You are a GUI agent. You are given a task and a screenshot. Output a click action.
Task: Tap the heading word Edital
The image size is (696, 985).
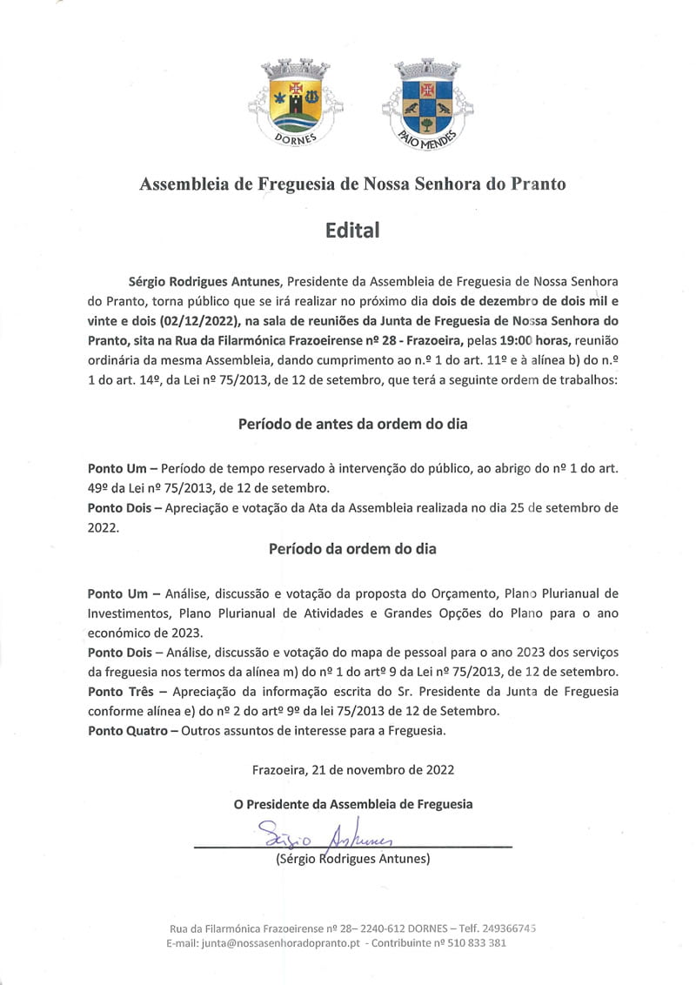click(352, 231)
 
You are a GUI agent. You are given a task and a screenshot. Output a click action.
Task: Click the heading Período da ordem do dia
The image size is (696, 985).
click(352, 549)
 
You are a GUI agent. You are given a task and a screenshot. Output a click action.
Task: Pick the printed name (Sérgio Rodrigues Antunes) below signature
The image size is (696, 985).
click(352, 859)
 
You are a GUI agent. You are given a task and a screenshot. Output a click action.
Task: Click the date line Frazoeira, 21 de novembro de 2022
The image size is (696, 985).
click(352, 769)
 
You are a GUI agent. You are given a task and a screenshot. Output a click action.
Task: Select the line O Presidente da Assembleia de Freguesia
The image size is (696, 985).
click(352, 804)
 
